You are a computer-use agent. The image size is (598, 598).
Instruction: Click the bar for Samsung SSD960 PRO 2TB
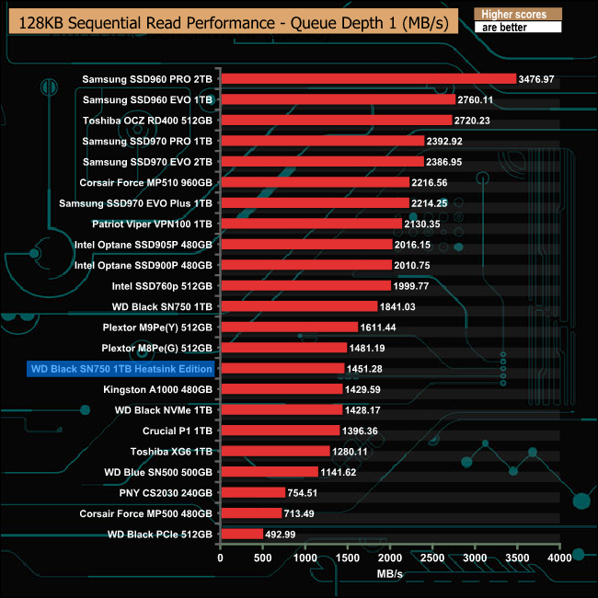tap(368, 78)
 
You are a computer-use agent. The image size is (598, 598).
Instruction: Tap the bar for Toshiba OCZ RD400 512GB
tap(336, 120)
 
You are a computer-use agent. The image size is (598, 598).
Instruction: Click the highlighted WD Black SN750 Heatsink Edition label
tap(122, 368)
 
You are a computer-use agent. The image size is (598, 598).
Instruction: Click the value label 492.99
tap(285, 534)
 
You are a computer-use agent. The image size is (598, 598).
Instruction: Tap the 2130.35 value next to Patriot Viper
tap(424, 224)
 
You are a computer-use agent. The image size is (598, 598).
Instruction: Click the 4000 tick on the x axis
tap(559, 558)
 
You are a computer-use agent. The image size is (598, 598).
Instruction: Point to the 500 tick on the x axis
tap(262, 558)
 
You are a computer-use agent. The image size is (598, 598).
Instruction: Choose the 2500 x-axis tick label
tap(432, 558)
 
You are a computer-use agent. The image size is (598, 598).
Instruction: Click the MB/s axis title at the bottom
tap(389, 574)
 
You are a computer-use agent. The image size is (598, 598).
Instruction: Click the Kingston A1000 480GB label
tap(157, 389)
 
